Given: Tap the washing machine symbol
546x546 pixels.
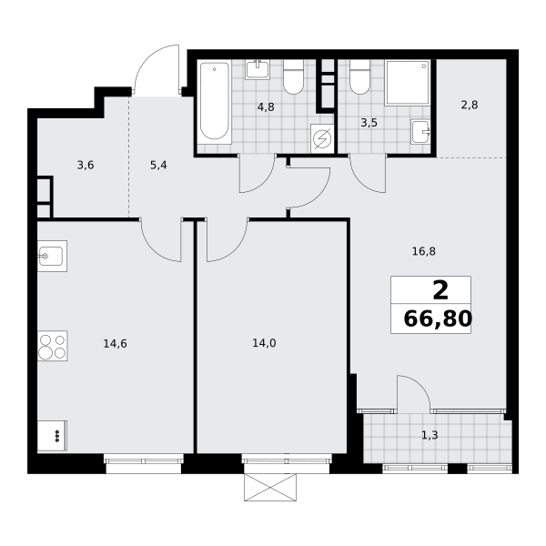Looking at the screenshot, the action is (x=322, y=138).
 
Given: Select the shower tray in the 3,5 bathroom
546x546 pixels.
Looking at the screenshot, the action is (x=408, y=83).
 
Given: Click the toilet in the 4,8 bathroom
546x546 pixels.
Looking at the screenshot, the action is (x=294, y=76).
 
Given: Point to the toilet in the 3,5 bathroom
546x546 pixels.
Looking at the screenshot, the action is (x=359, y=76).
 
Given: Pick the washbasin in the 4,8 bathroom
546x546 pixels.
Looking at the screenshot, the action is (x=258, y=70).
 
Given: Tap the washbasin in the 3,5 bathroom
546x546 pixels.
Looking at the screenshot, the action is (x=421, y=132).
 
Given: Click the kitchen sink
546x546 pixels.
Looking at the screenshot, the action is (x=52, y=256).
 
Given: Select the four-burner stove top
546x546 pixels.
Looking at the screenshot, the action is (x=52, y=346).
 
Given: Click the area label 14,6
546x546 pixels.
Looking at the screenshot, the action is (x=116, y=344).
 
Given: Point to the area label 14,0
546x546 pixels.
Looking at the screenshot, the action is (x=264, y=343).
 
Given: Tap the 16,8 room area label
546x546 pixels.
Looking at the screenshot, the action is (x=424, y=251).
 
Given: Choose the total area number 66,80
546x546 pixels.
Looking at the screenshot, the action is (x=438, y=318).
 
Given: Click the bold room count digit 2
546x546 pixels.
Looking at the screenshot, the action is (x=440, y=291).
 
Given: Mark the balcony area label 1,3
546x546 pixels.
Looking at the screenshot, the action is (x=430, y=435).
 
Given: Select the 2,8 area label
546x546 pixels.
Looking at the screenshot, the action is (x=470, y=105).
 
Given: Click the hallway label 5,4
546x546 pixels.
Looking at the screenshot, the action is (x=158, y=165).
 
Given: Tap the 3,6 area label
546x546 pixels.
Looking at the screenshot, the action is (x=86, y=165).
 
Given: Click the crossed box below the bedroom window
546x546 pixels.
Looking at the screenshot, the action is (x=270, y=487).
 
